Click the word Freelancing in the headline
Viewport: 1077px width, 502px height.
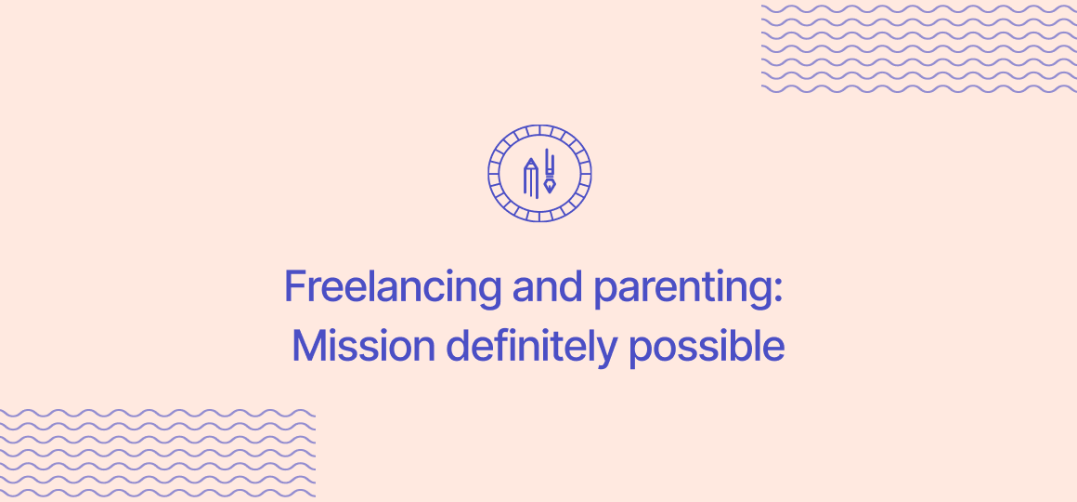coord(393,286)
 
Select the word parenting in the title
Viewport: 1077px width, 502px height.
coord(681,288)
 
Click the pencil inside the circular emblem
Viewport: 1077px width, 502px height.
coord(530,177)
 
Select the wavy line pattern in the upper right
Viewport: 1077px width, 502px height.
coord(918,48)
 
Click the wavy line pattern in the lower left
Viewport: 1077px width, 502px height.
coord(157,453)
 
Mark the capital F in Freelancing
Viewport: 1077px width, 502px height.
coord(294,286)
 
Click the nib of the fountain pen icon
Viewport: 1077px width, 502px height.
coord(551,186)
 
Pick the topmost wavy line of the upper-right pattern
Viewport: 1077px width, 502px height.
coord(918,9)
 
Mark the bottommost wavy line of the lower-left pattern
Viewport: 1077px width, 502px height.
coord(157,493)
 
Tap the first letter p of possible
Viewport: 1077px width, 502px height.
coord(639,350)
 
